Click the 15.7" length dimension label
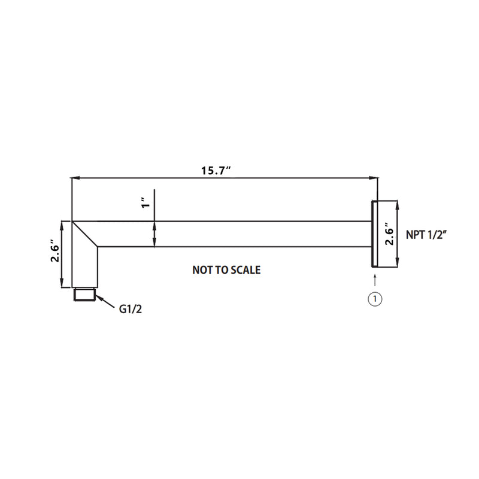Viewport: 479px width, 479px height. [x=216, y=171]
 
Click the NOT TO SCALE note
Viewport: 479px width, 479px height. [x=226, y=270]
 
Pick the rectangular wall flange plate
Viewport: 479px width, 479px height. [x=374, y=234]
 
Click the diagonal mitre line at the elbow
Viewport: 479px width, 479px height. [x=85, y=234]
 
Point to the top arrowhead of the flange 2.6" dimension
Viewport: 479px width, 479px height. [x=396, y=204]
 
